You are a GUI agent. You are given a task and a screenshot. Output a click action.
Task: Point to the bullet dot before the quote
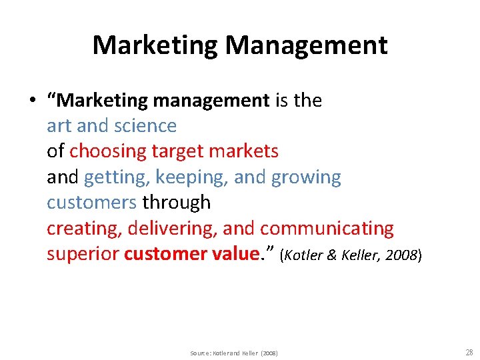pyautogui.click(x=31, y=101)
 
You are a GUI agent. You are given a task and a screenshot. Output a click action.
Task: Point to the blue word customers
pyautogui.click(x=91, y=202)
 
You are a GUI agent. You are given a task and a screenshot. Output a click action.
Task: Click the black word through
pyautogui.click(x=177, y=202)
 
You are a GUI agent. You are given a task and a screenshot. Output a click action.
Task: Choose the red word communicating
pyautogui.click(x=327, y=228)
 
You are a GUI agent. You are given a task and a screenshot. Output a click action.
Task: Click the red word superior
pyautogui.click(x=83, y=253)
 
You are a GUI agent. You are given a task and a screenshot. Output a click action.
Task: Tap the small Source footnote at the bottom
pyautogui.click(x=234, y=353)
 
